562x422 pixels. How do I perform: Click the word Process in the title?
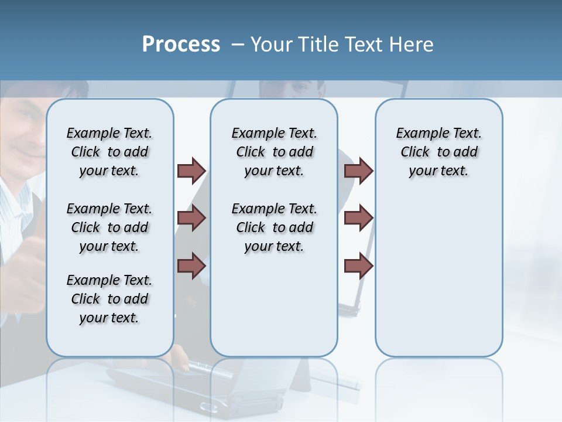pyautogui.click(x=181, y=45)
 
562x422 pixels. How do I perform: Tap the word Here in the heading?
pyautogui.click(x=411, y=45)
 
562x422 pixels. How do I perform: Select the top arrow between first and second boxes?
pyautogui.click(x=191, y=171)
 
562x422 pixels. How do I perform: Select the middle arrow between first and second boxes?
pyautogui.click(x=191, y=219)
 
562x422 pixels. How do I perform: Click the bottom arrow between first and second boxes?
pyautogui.click(x=191, y=266)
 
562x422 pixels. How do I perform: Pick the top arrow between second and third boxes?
pyautogui.click(x=358, y=171)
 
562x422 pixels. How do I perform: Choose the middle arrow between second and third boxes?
pyautogui.click(x=358, y=219)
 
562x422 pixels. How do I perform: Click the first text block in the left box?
pyautogui.click(x=109, y=152)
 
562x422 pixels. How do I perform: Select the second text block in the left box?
pyautogui.click(x=109, y=227)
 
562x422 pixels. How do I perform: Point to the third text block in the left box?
pyautogui.click(x=109, y=299)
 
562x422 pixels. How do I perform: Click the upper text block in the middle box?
pyautogui.click(x=274, y=152)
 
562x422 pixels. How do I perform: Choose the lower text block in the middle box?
pyautogui.click(x=274, y=227)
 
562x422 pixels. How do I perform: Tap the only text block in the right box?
pyautogui.click(x=438, y=152)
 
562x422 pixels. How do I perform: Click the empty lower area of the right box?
pyautogui.click(x=438, y=281)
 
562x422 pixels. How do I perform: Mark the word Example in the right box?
pyautogui.click(x=417, y=134)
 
